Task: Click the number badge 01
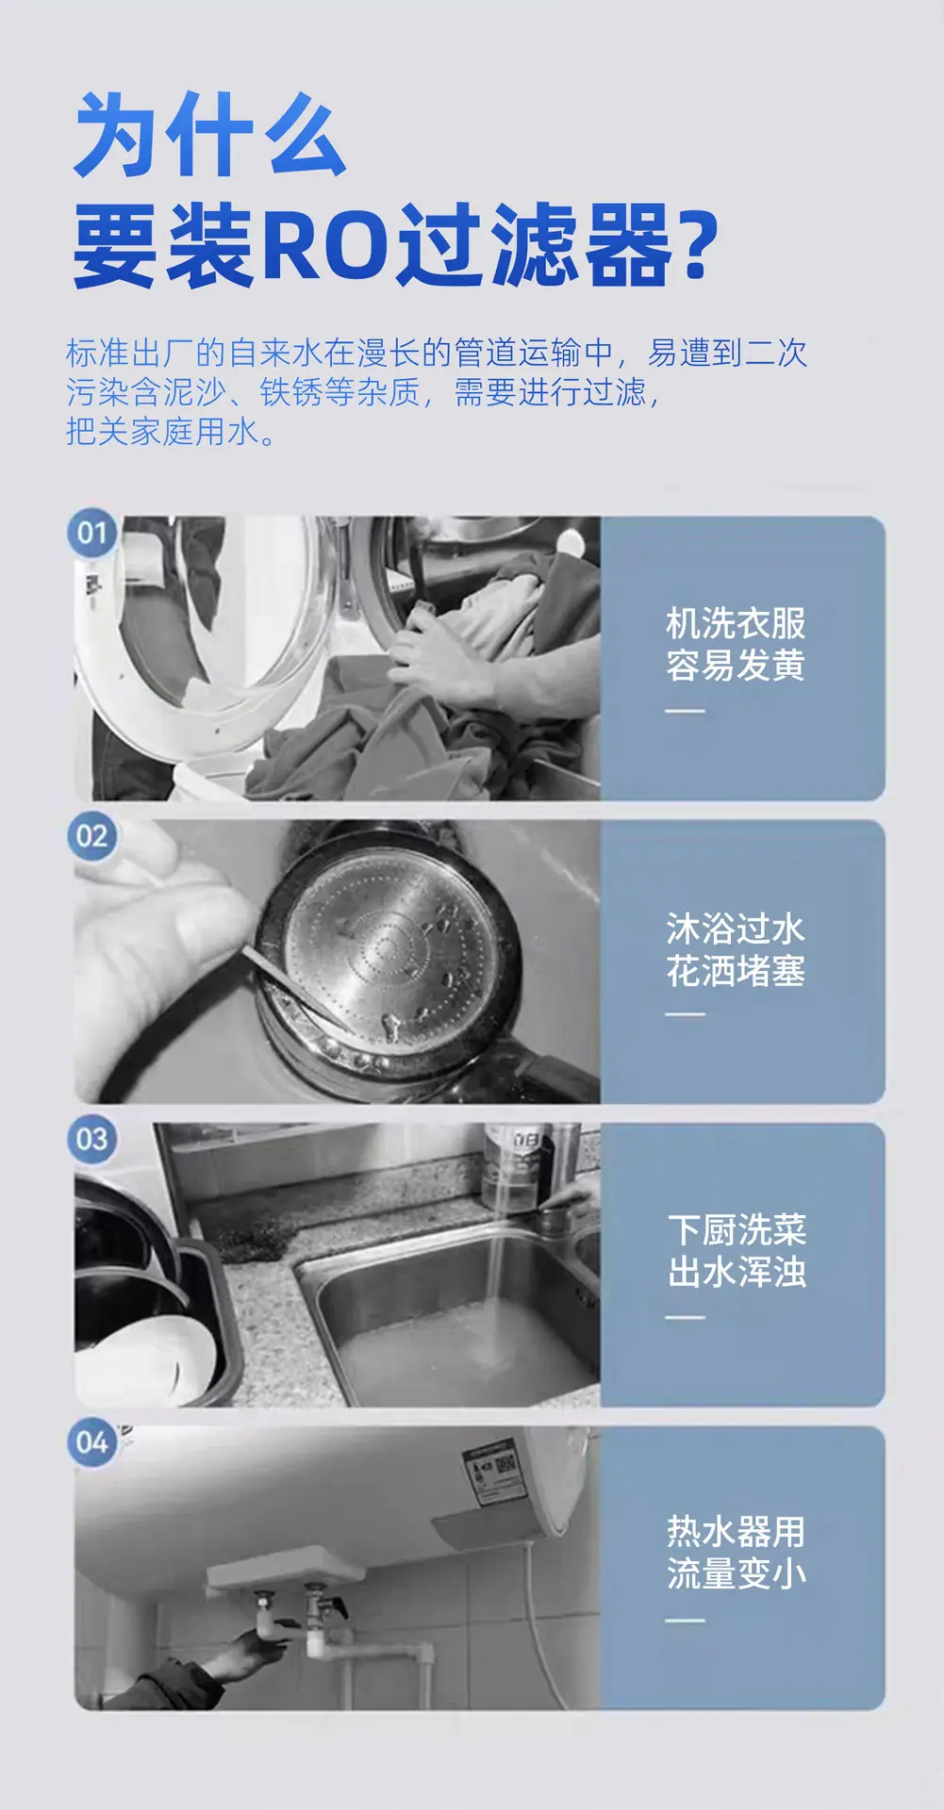(x=91, y=534)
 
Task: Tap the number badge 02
(x=91, y=836)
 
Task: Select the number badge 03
(x=91, y=1140)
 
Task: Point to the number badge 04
(x=91, y=1442)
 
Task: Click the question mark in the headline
(x=698, y=247)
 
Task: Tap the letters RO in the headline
(x=325, y=247)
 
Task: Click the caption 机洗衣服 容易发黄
(x=736, y=645)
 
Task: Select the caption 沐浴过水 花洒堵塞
(x=736, y=949)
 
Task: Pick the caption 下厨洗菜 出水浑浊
(x=737, y=1252)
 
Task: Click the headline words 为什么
(x=209, y=135)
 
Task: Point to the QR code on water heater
(x=506, y=1464)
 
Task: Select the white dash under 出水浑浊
(x=686, y=1317)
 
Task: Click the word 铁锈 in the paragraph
(x=291, y=391)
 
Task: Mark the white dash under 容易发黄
(x=686, y=711)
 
